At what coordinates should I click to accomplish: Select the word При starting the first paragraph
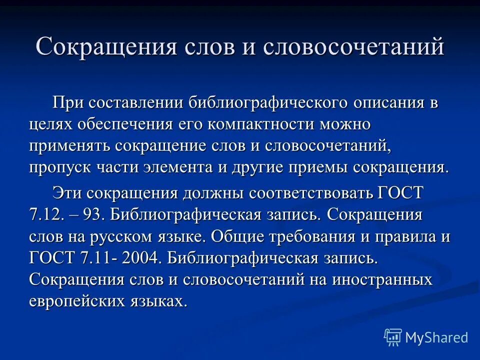[65, 103]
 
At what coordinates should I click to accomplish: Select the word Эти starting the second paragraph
[65, 192]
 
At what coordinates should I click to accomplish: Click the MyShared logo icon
[392, 337]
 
